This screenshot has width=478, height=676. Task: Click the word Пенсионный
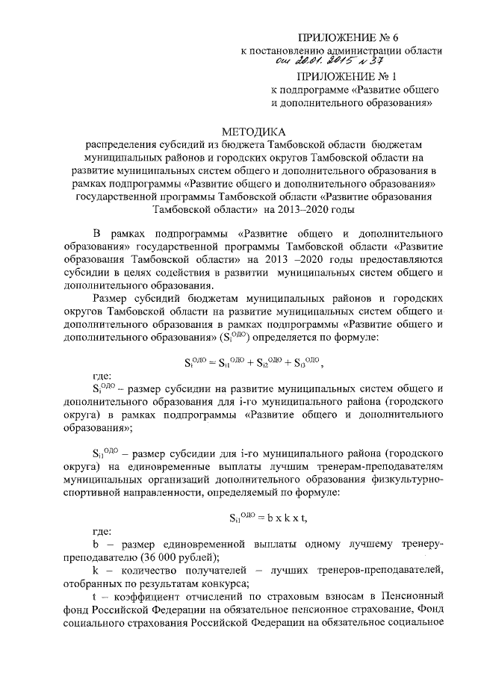point(416,598)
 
